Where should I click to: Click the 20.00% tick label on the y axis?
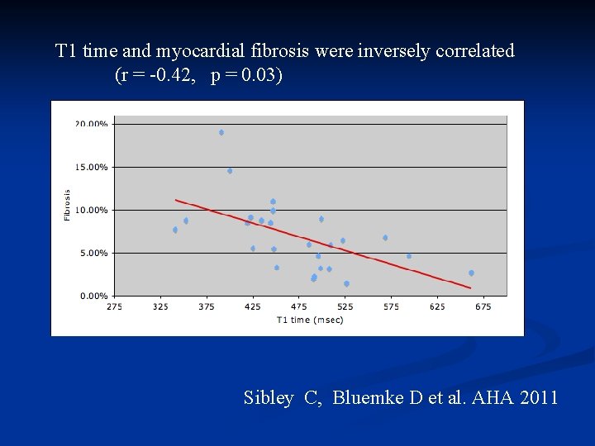click(91, 124)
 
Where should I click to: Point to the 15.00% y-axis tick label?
click(91, 167)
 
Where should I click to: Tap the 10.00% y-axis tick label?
click(91, 210)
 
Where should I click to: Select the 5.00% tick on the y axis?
click(93, 253)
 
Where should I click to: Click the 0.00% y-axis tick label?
click(93, 296)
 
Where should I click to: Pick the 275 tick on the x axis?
click(114, 307)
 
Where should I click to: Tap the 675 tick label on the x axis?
click(483, 307)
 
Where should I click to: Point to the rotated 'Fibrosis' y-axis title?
click(67, 205)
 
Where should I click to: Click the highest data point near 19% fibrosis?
click(221, 132)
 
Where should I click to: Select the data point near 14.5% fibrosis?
click(230, 171)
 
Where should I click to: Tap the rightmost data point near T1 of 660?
click(471, 273)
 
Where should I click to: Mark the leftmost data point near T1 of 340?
click(175, 230)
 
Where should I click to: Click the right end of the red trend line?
click(470, 287)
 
